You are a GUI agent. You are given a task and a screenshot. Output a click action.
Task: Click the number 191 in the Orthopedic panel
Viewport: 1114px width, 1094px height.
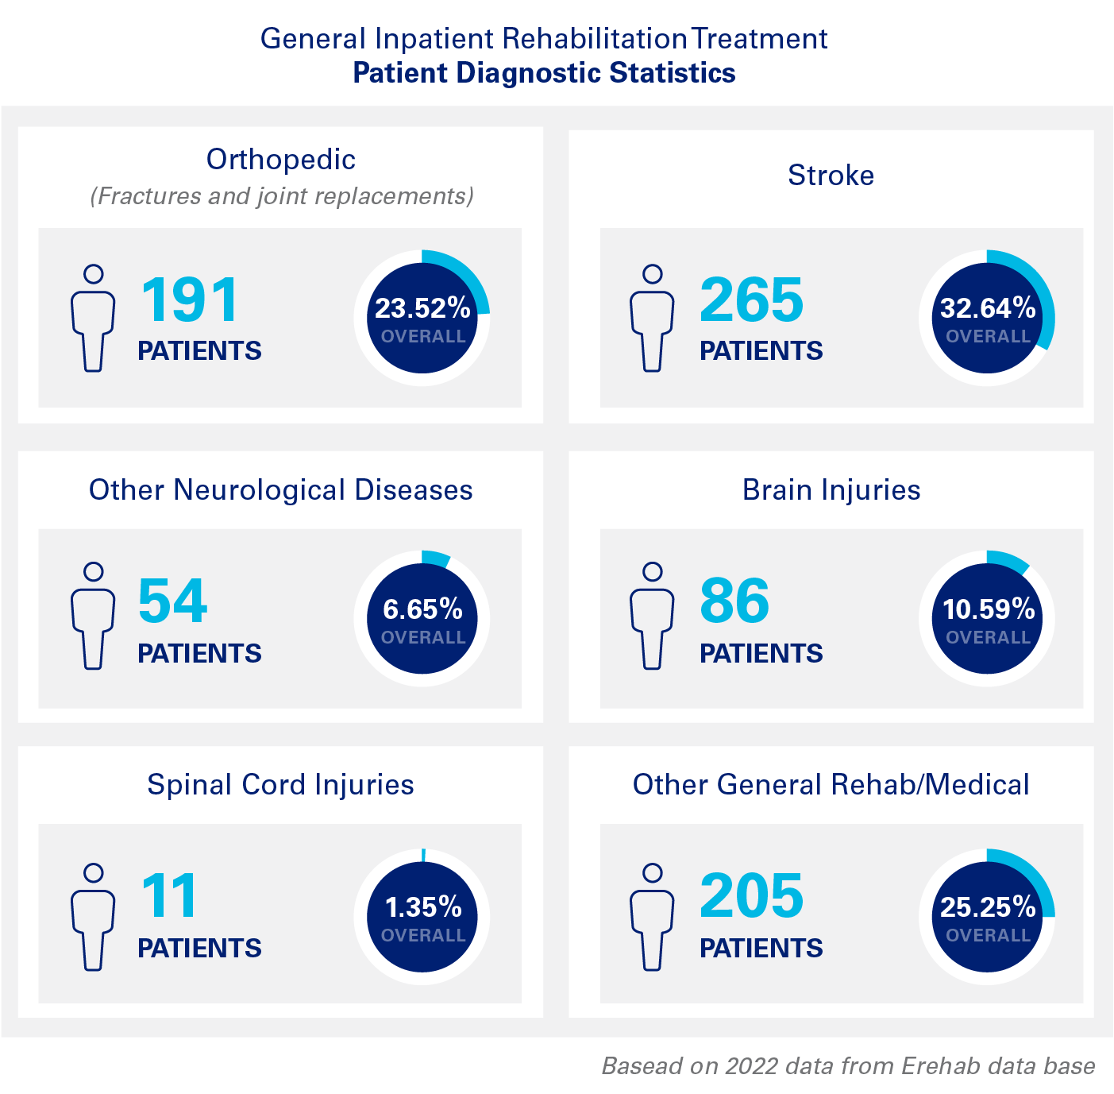tap(190, 300)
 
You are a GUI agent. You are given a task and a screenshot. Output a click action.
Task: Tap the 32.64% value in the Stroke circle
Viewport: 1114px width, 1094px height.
tap(988, 308)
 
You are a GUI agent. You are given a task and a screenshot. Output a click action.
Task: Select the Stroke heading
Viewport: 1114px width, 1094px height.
tap(831, 176)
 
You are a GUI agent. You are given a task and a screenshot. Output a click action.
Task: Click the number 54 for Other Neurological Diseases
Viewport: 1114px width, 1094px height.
tap(172, 601)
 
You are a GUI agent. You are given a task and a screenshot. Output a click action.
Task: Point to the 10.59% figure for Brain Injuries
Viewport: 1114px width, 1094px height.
tap(989, 609)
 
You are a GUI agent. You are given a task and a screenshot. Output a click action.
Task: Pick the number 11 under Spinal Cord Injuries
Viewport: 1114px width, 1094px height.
tap(169, 896)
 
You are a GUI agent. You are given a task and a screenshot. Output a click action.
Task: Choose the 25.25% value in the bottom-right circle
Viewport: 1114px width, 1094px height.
tap(988, 907)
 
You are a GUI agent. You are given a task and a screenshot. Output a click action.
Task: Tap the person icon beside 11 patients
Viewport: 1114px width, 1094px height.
tap(93, 917)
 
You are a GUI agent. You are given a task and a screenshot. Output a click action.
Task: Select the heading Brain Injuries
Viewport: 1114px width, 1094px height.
tap(831, 490)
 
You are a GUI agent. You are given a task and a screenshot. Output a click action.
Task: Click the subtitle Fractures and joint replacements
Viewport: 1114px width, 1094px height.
tap(282, 196)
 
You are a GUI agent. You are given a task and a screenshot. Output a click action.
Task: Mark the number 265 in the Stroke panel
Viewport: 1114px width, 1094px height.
tap(751, 300)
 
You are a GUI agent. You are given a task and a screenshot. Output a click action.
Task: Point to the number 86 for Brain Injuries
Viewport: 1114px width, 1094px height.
tap(734, 601)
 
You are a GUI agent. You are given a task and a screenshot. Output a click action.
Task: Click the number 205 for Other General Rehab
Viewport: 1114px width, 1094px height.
tap(751, 896)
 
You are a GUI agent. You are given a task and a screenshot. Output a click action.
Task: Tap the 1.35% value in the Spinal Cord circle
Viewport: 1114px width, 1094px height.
tap(423, 907)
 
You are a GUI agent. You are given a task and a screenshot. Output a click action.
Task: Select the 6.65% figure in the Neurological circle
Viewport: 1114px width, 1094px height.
tap(422, 609)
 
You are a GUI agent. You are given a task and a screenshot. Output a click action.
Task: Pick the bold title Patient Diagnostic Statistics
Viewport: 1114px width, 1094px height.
tap(544, 73)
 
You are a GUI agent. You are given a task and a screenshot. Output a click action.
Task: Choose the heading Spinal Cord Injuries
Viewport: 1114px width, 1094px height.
tap(280, 785)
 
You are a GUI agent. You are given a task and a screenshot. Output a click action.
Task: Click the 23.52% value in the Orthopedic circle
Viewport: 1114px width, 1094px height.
tap(422, 308)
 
